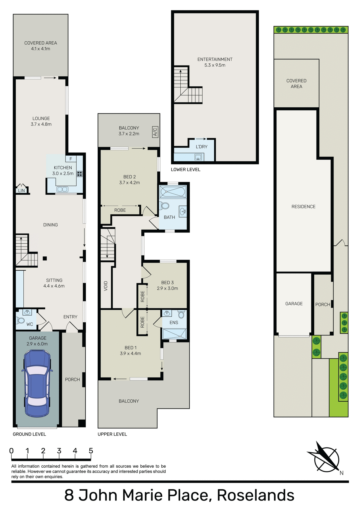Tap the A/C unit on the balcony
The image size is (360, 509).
coord(155,132)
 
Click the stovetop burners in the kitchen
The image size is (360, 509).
coord(80,174)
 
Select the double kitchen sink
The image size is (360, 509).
coord(62,189)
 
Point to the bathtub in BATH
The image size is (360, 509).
coord(173,191)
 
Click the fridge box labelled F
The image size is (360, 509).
coord(71,159)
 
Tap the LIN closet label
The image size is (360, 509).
coord(21,190)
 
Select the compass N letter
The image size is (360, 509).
coord(341,473)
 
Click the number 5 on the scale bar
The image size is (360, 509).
coord(91,451)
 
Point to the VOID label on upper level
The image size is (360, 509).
coord(106,286)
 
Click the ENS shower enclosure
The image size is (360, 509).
coord(174,334)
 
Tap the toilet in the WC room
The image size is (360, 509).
coord(21,321)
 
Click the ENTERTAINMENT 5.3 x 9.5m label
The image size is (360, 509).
coord(215,62)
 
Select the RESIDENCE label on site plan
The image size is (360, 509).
coord(303,207)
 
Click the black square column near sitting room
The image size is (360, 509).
coord(45,258)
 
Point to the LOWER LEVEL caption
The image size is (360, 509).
coord(185,170)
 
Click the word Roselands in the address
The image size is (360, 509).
coord(255,495)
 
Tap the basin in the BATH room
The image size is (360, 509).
coord(183,211)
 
